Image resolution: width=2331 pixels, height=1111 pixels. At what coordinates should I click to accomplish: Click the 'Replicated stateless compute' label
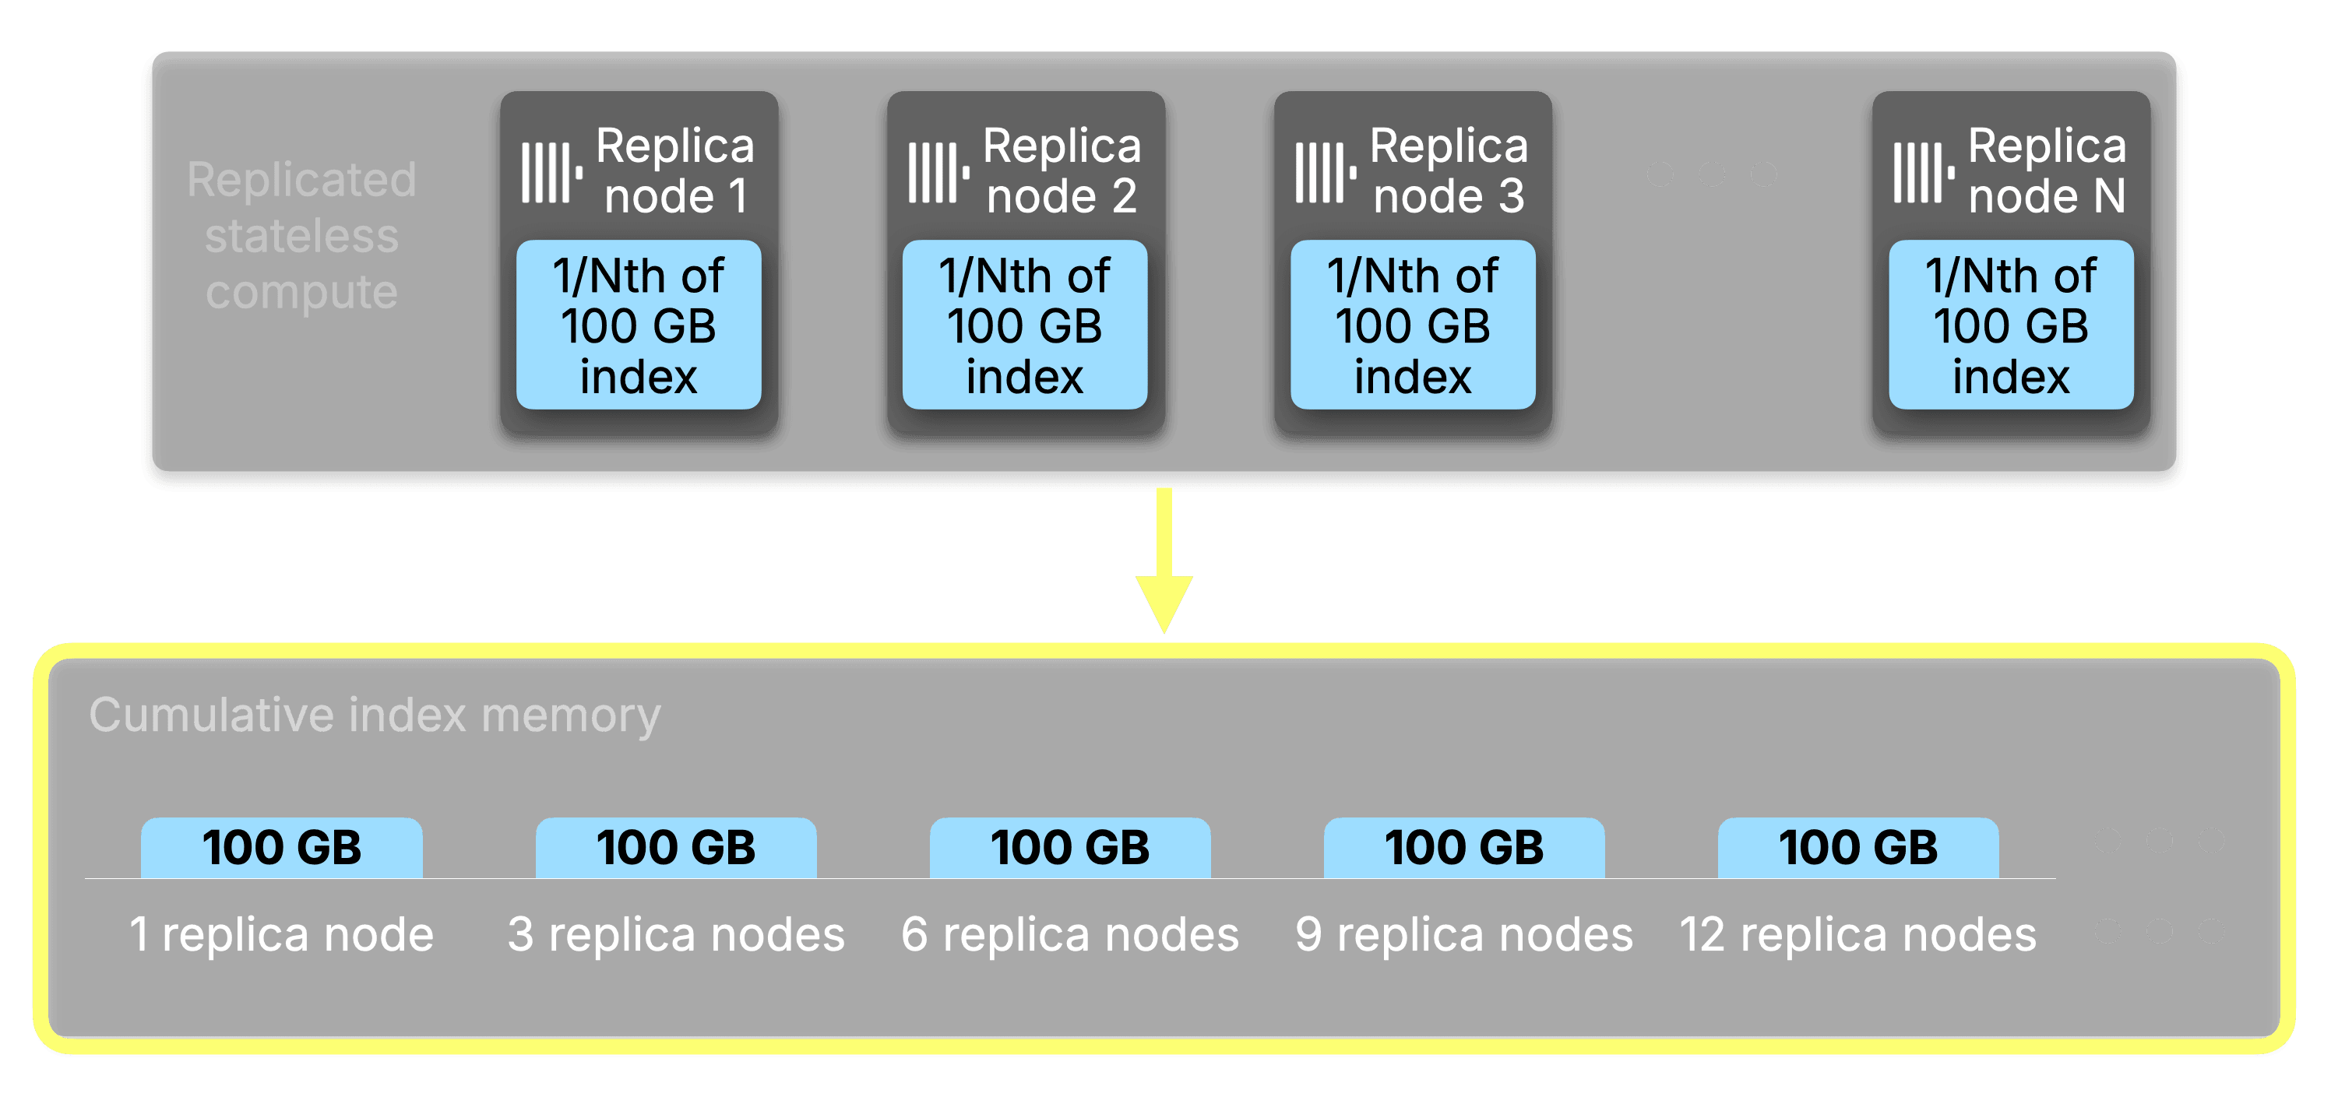point(301,235)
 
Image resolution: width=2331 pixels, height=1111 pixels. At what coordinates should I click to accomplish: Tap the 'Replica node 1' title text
point(674,171)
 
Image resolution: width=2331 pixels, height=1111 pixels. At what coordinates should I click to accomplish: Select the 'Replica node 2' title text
point(1062,171)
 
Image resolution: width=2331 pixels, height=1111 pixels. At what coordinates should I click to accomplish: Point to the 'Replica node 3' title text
point(1448,171)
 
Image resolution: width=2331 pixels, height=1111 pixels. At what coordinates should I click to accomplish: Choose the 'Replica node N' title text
point(2046,171)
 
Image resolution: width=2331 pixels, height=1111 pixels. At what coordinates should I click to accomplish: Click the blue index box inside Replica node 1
point(638,325)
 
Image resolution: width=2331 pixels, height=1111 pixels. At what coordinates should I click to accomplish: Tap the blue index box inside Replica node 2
point(1024,325)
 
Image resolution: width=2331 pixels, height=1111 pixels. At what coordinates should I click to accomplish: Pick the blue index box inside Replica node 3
point(1412,325)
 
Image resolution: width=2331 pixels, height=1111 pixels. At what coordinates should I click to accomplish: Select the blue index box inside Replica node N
point(2011,325)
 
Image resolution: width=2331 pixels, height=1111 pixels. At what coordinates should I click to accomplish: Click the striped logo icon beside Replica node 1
point(550,172)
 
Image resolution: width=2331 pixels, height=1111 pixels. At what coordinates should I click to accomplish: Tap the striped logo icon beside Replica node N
point(1922,172)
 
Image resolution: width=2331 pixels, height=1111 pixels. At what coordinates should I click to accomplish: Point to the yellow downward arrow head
point(1164,602)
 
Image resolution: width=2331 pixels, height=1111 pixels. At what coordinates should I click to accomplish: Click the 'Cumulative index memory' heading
point(375,715)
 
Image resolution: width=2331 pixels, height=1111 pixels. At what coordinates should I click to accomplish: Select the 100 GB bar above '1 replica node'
point(281,848)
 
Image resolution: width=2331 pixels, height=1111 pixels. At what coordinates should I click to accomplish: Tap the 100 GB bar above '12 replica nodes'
point(1857,848)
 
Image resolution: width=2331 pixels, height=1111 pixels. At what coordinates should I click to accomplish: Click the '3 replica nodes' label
point(676,934)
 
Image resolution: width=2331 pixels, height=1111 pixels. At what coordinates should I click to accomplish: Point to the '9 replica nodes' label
point(1463,934)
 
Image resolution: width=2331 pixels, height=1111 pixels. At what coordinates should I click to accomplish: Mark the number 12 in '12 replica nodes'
point(1702,934)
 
